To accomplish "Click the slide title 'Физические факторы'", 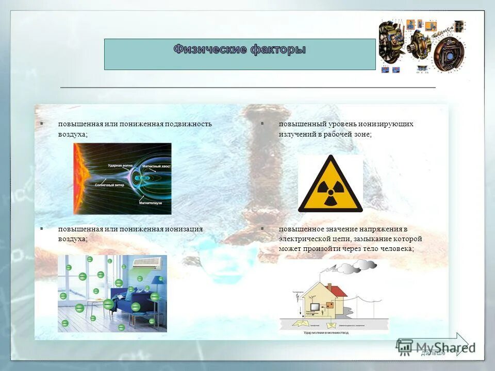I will pyautogui.click(x=240, y=50).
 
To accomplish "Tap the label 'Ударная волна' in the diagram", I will pyautogui.click(x=121, y=166).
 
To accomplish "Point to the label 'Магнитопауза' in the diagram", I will pyautogui.click(x=151, y=203).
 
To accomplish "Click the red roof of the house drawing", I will pyautogui.click(x=338, y=291).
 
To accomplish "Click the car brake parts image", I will pyautogui.click(x=422, y=46).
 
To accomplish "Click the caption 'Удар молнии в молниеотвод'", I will pyautogui.click(x=334, y=333).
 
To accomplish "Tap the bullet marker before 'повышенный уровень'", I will pyautogui.click(x=262, y=124).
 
